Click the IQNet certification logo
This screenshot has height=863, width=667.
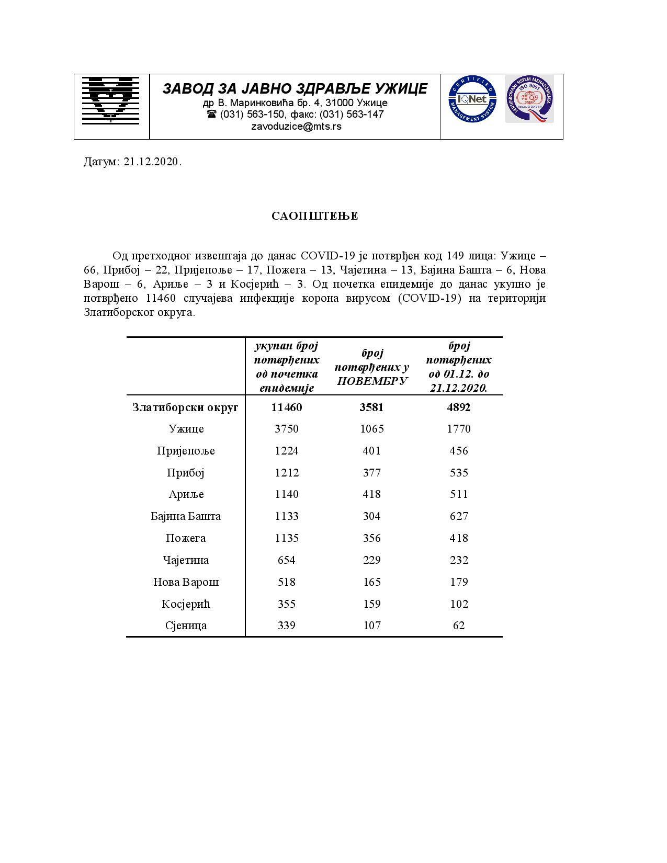(x=472, y=99)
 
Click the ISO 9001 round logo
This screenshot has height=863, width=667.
(x=529, y=99)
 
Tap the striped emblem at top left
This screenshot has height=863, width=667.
(x=110, y=100)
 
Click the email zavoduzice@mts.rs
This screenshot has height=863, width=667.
(x=296, y=127)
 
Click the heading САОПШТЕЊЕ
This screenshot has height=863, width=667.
(x=314, y=216)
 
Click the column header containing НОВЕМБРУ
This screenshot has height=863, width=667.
(x=372, y=367)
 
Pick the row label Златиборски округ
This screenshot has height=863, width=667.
(x=186, y=407)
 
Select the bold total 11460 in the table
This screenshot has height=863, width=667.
(x=287, y=407)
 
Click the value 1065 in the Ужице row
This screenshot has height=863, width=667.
(x=372, y=429)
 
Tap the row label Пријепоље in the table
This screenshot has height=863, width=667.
(x=186, y=451)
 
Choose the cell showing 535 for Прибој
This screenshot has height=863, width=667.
(x=459, y=473)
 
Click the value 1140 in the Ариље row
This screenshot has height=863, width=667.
(x=287, y=494)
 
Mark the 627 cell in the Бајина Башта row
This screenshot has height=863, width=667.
(x=459, y=516)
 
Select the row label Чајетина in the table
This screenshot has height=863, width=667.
(x=186, y=560)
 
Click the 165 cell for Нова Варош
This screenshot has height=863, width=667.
(x=372, y=582)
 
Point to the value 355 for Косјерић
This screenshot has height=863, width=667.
(x=287, y=604)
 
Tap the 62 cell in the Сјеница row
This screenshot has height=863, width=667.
(x=459, y=626)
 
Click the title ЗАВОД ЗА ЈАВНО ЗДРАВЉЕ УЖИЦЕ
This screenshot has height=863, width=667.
(x=295, y=88)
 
